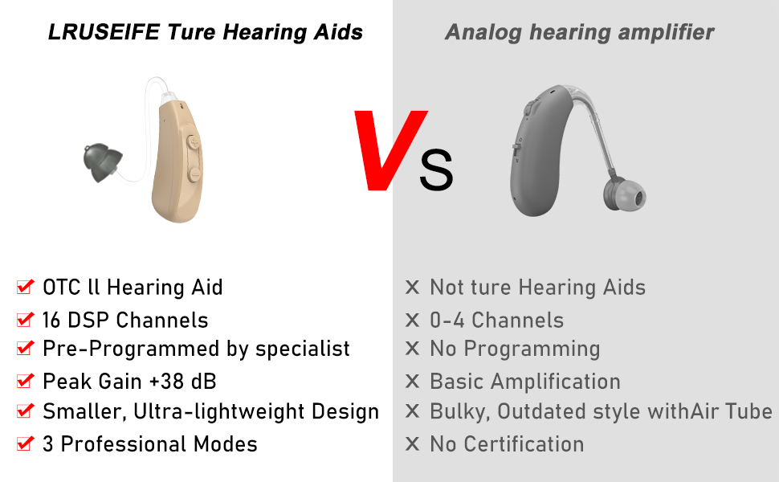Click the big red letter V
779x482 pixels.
pos(389,151)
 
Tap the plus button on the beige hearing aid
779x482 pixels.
pos(194,141)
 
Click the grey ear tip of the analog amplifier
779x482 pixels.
pos(625,196)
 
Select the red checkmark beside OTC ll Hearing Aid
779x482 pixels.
pos(26,287)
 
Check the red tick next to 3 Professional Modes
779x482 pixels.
pos(26,443)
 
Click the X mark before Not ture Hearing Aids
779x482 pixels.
pos(413,288)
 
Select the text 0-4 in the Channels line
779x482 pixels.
pos(448,320)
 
